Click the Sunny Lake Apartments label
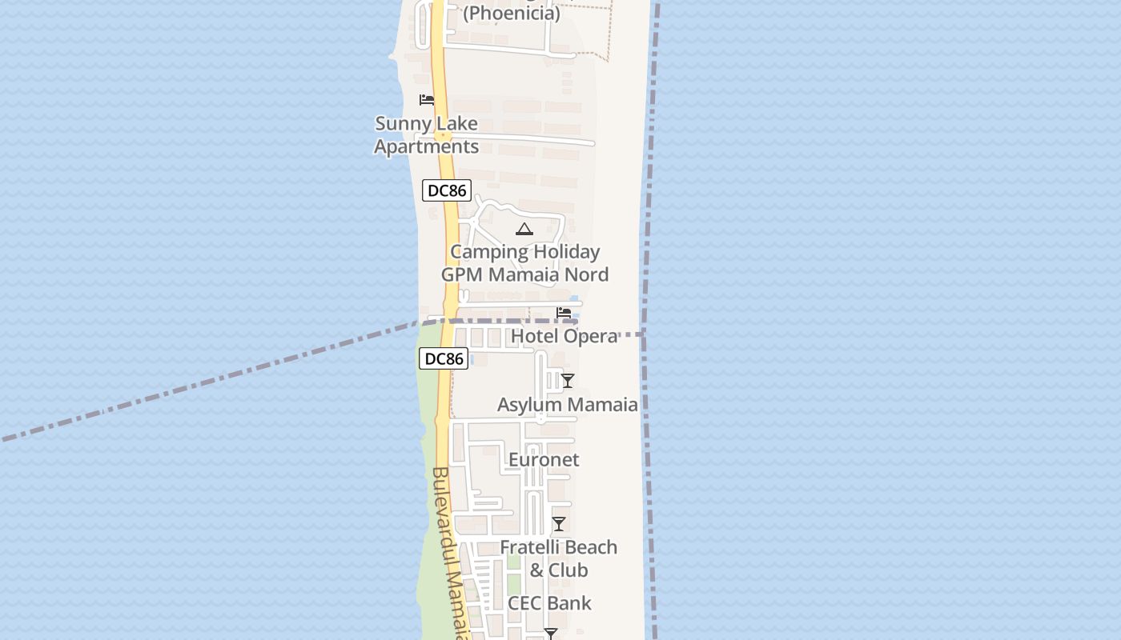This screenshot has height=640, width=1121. point(427,135)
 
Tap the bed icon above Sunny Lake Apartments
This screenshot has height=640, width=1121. point(427,100)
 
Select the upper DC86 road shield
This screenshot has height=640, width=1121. point(447,190)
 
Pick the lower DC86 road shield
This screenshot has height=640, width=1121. point(444,358)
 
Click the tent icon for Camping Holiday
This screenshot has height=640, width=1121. point(524,230)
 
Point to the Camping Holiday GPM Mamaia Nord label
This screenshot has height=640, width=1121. point(524,263)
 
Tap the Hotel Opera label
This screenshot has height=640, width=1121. point(564,336)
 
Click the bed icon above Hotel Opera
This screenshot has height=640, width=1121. point(564,313)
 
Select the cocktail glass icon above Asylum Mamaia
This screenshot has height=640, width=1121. point(568,381)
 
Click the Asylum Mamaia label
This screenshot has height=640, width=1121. point(568,405)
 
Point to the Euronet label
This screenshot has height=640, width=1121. point(544,460)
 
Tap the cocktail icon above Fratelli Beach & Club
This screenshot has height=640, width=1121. point(559,524)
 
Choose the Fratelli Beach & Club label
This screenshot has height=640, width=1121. point(559,558)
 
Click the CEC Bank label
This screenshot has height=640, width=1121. point(549,603)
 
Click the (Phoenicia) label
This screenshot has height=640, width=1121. point(512,13)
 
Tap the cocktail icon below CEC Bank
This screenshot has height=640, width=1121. point(550,634)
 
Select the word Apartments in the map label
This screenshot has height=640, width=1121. point(427,147)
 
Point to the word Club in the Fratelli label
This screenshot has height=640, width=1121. point(569,570)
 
